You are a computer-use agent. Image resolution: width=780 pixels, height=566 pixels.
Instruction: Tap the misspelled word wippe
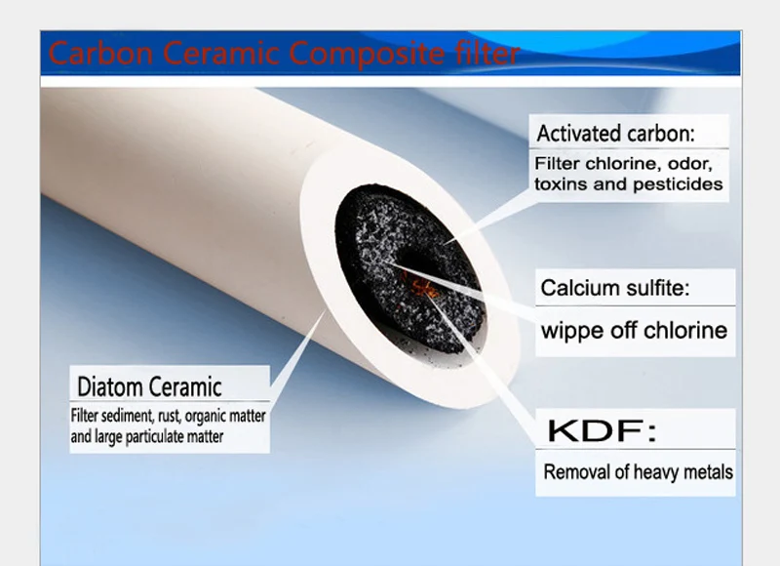[x=570, y=330]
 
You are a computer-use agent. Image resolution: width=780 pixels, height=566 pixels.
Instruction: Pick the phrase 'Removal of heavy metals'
[x=638, y=472]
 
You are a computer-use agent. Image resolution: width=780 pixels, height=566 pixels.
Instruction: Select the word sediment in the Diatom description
[x=122, y=416]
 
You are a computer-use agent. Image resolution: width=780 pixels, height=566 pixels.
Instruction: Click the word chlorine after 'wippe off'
[x=682, y=330]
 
